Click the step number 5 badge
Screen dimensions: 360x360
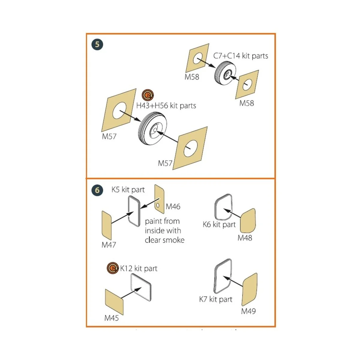pos(97,44)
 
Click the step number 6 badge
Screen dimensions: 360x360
pos(97,190)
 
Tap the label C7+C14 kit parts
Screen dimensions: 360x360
pos(241,56)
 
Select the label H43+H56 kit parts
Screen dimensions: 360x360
pos(166,106)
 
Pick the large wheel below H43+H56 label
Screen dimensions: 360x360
pos(152,128)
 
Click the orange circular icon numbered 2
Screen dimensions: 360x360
pos(148,95)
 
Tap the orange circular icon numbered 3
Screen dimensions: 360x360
pos(113,268)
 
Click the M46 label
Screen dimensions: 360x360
pos(173,207)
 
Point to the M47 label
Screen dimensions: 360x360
pos(109,245)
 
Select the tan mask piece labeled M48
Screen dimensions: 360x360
pos(248,221)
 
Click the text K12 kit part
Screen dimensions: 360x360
pos(139,268)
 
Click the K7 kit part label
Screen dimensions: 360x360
pos(216,299)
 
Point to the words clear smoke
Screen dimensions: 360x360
pos(165,240)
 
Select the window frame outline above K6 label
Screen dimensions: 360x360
pos(223,207)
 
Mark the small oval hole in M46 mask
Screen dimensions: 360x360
pos(158,205)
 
